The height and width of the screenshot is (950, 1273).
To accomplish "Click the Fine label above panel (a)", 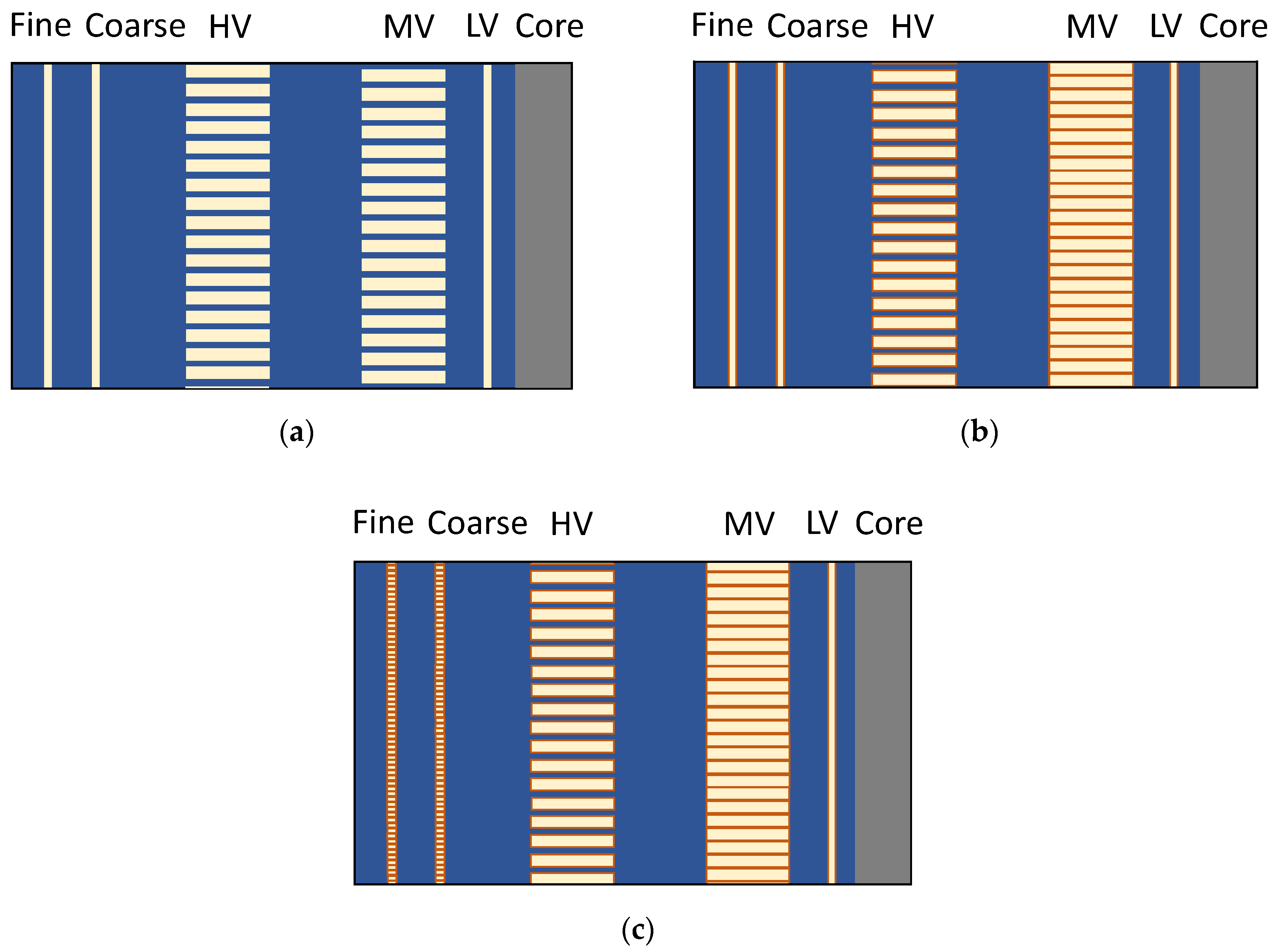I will pyautogui.click(x=40, y=26).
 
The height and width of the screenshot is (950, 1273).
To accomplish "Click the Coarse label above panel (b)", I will pyautogui.click(x=817, y=26).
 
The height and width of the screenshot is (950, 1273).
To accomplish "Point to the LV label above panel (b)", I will pyautogui.click(x=1165, y=26).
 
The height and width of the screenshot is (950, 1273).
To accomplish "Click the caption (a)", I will pyautogui.click(x=296, y=432).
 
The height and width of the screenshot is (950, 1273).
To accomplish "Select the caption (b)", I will pyautogui.click(x=979, y=432).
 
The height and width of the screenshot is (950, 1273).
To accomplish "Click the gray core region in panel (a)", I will pyautogui.click(x=543, y=225).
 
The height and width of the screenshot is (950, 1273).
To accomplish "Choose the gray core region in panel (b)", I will pyautogui.click(x=1227, y=224).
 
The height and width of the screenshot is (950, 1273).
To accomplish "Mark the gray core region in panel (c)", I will pyautogui.click(x=882, y=723).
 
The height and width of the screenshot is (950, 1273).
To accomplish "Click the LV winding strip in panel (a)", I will pyautogui.click(x=487, y=225).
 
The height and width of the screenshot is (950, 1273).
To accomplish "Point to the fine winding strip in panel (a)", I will pyautogui.click(x=48, y=225).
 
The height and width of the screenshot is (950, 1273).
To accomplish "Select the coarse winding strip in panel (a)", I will pyautogui.click(x=95, y=225).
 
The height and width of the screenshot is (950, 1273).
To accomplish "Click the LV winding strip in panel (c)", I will pyautogui.click(x=831, y=723).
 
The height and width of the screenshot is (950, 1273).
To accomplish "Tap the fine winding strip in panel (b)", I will pyautogui.click(x=732, y=224).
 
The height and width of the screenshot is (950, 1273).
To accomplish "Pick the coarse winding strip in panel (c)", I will pyautogui.click(x=440, y=723).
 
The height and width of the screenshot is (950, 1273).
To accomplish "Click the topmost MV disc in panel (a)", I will pyautogui.click(x=403, y=75).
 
